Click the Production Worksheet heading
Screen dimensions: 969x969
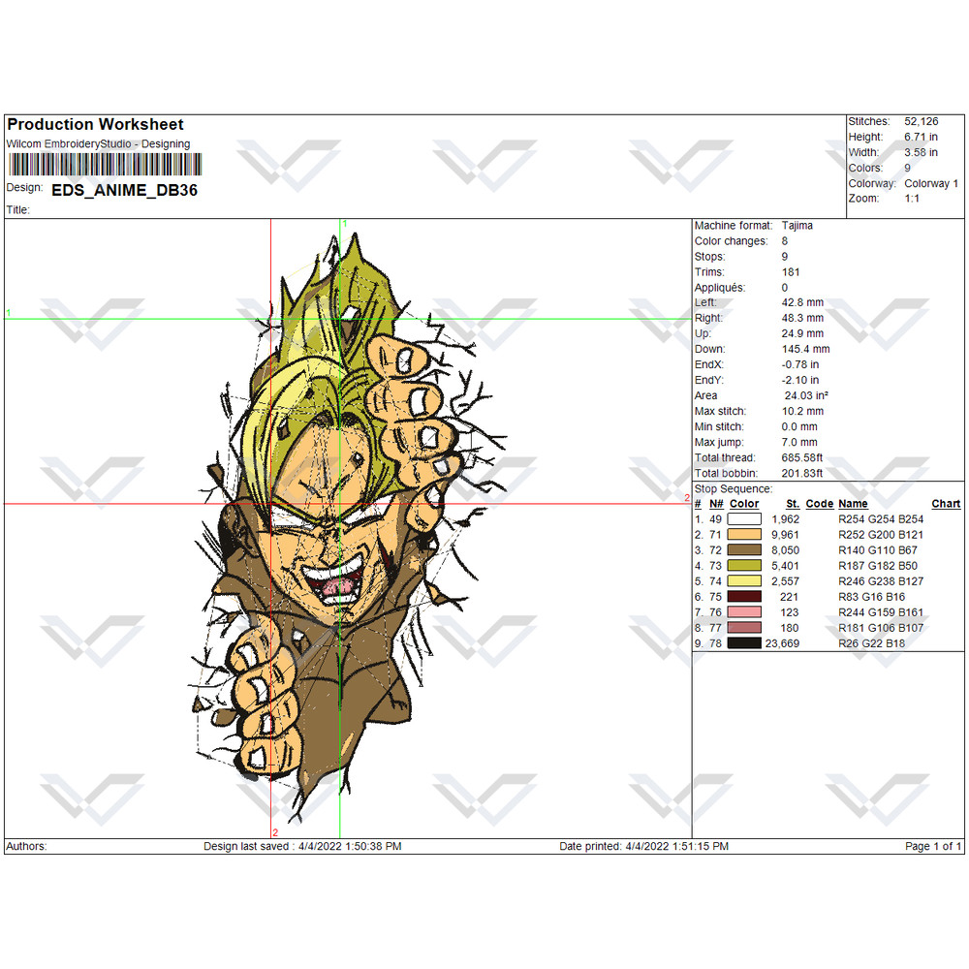(x=95, y=124)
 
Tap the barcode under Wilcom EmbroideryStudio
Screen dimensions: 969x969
(x=105, y=165)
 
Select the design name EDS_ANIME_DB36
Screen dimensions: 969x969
(x=124, y=190)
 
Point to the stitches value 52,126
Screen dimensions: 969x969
(x=921, y=121)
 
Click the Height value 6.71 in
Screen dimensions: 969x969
(x=921, y=137)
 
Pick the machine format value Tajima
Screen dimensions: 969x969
(x=797, y=226)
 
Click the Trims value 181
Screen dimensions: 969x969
(x=791, y=272)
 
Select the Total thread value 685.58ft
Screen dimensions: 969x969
(x=801, y=458)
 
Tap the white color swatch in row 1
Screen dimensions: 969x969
(x=744, y=519)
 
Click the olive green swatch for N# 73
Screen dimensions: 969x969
(x=744, y=566)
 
